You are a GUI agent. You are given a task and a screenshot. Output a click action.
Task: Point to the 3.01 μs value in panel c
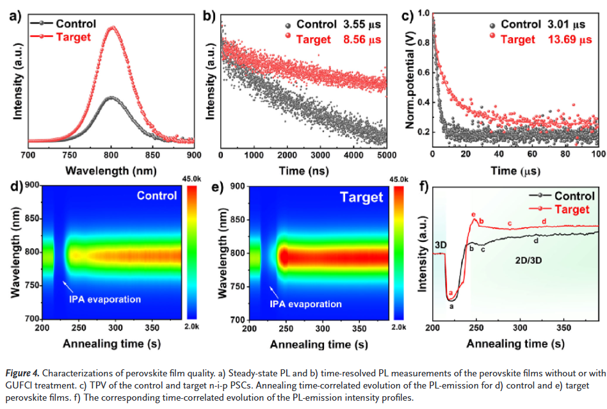tap(570, 25)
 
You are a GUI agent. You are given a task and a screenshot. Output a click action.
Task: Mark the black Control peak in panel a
tap(112, 97)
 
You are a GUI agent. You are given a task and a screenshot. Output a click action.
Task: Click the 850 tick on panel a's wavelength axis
tap(152, 154)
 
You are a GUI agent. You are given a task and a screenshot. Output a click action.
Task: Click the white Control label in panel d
tap(157, 195)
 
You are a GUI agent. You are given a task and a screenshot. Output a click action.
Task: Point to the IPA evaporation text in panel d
tap(106, 299)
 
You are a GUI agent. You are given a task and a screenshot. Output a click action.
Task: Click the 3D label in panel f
tap(441, 245)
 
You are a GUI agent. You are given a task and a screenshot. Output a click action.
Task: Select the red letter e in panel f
tap(473, 214)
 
